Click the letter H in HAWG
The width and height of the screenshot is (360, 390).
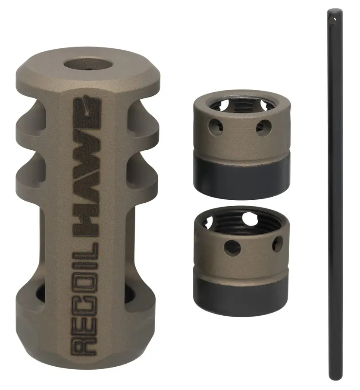point(85,226)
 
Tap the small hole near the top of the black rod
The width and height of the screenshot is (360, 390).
point(335,19)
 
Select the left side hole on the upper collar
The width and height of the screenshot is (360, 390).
point(216,127)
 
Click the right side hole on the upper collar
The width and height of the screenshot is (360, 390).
point(263,128)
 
